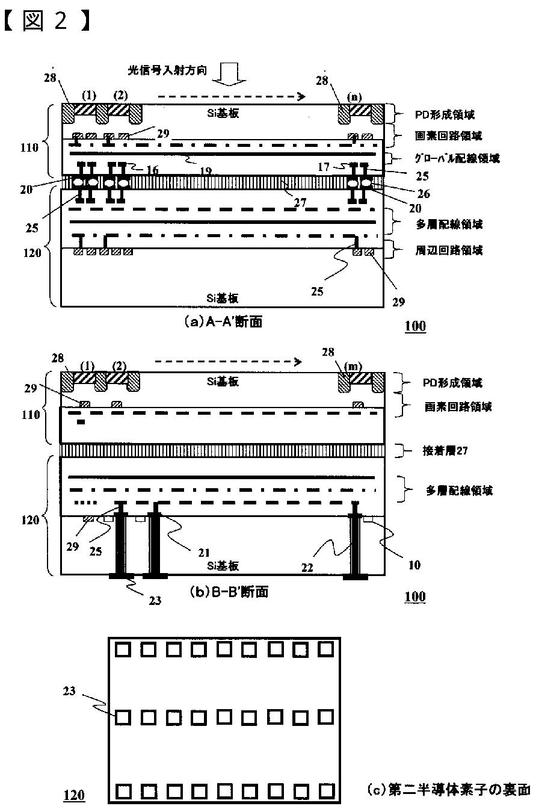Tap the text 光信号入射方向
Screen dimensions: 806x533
pyautogui.click(x=168, y=70)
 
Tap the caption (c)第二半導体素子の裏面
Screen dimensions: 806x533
pyautogui.click(x=448, y=789)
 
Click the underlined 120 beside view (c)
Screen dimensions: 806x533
pyautogui.click(x=74, y=795)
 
